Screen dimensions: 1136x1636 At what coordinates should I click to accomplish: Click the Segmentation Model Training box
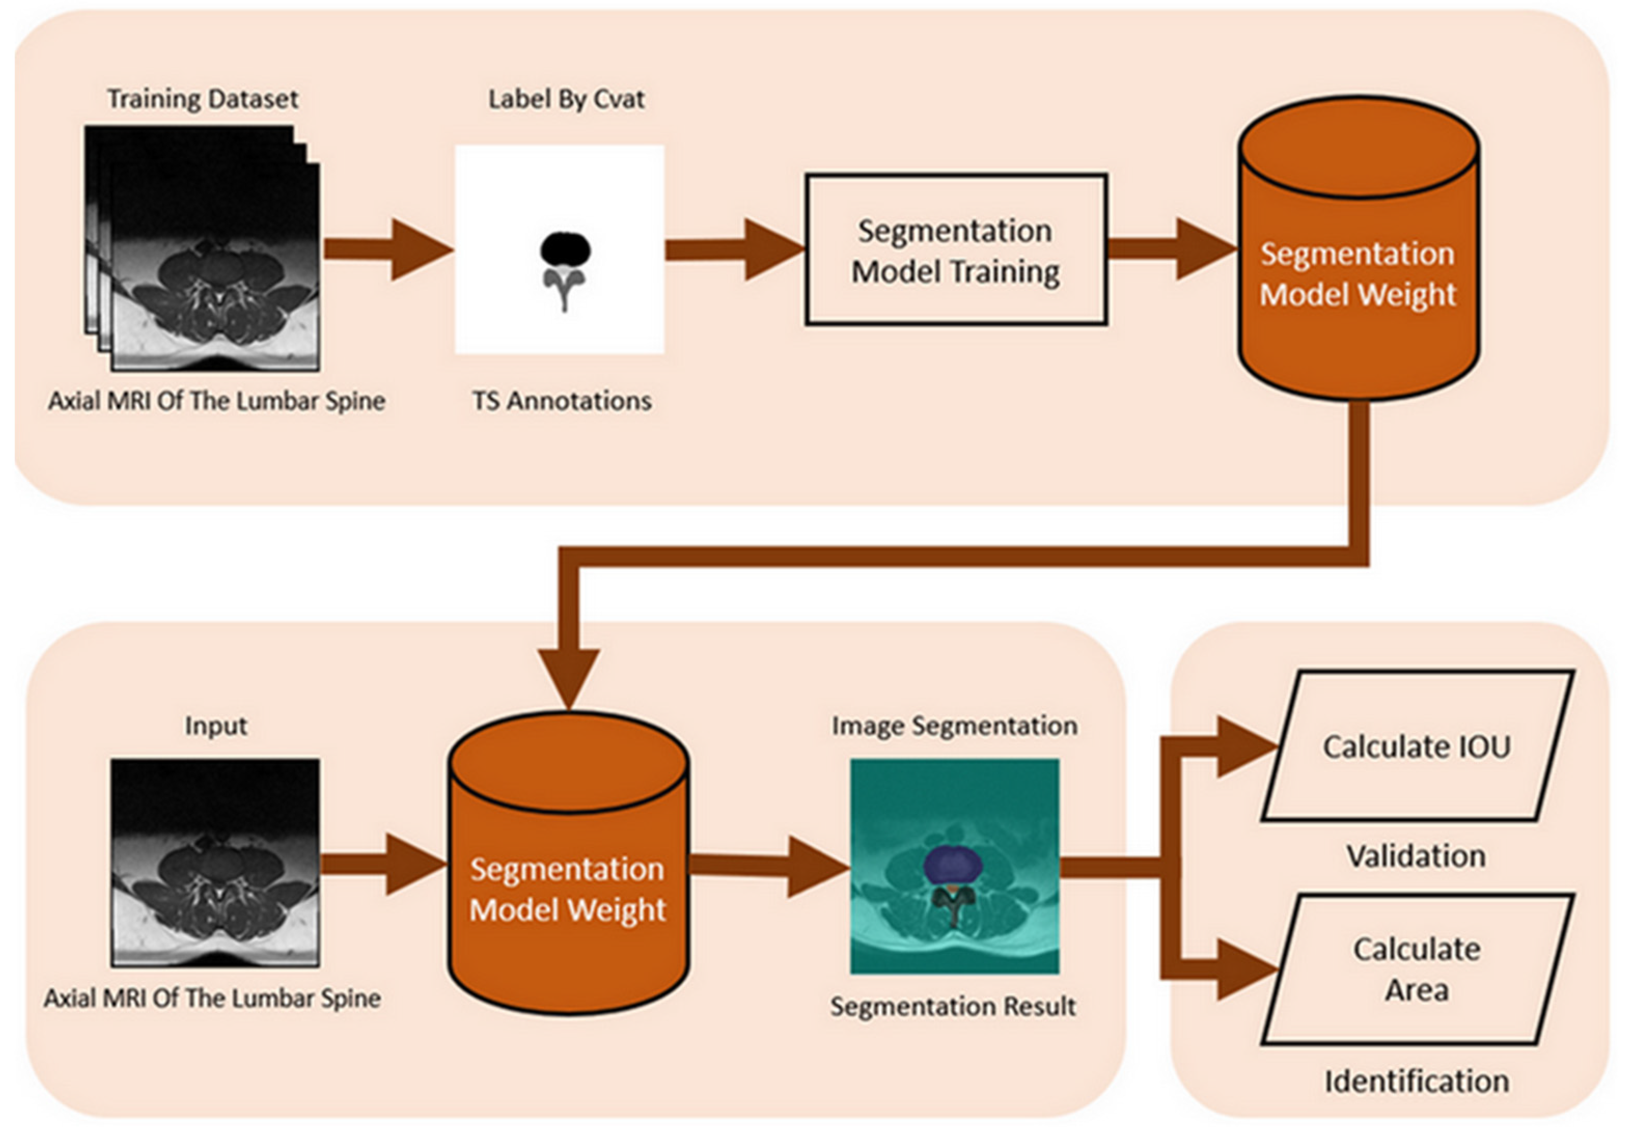point(955,250)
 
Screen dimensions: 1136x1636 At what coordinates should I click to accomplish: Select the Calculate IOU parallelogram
point(1416,746)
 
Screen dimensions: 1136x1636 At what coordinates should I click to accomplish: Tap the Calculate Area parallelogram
point(1416,969)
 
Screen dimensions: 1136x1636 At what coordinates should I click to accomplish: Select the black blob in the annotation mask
point(565,249)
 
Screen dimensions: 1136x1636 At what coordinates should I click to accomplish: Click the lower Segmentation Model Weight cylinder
point(568,890)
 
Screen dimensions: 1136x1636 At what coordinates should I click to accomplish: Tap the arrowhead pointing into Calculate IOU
point(1242,746)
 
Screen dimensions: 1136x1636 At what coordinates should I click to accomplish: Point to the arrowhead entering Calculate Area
point(1242,969)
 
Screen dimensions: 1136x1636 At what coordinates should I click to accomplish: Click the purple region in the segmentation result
point(953,864)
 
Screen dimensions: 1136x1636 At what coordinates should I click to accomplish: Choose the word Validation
point(1416,855)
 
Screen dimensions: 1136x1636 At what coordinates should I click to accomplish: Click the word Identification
point(1416,1081)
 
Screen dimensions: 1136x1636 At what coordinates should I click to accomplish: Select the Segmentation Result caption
point(953,1006)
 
